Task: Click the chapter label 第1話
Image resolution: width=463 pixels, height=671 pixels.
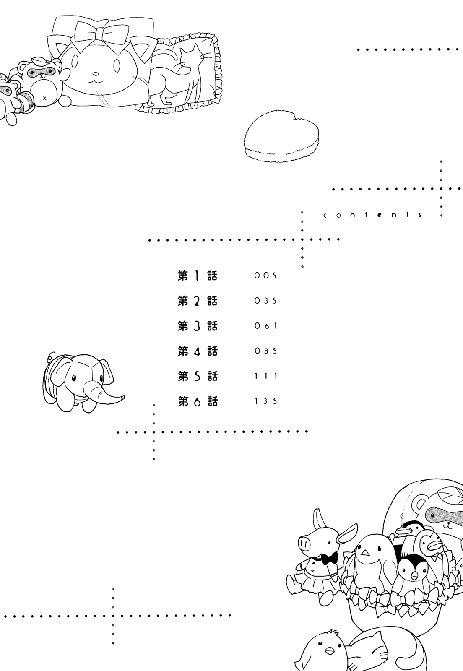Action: click(x=198, y=276)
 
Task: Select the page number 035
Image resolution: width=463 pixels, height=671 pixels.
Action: click(x=265, y=301)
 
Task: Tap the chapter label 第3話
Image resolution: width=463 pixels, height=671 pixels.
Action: click(x=198, y=326)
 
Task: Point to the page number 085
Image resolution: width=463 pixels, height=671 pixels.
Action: click(x=265, y=351)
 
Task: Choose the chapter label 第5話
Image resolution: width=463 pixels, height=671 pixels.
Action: click(x=198, y=376)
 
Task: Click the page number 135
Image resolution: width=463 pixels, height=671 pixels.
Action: click(x=265, y=401)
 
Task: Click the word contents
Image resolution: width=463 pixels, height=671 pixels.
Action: click(x=372, y=215)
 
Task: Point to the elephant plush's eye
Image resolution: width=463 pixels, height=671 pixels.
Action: click(x=74, y=378)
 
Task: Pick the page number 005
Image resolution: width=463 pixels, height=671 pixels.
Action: click(x=265, y=276)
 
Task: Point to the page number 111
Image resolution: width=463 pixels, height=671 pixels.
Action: click(x=265, y=376)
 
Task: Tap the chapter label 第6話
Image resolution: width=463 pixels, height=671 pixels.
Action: click(x=198, y=401)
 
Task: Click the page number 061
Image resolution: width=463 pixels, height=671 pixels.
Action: click(x=265, y=326)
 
